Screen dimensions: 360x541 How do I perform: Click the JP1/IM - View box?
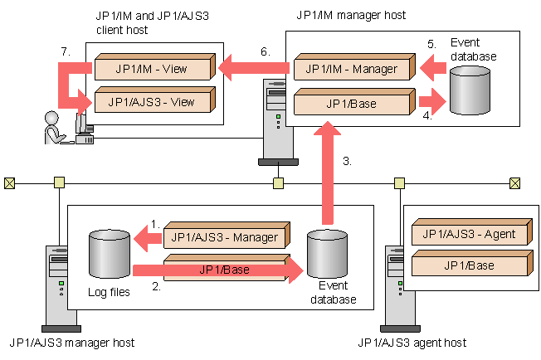154,66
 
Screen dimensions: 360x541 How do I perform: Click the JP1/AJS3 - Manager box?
226,236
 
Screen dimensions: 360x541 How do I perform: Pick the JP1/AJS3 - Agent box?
470,235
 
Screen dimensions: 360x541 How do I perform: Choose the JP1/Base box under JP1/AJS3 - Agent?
470,265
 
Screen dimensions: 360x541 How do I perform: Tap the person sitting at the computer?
56,127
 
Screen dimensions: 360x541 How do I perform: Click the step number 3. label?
347,162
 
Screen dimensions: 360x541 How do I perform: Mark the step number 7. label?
65,51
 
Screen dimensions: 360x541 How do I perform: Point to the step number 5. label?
431,43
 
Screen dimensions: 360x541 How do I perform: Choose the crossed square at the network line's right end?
515,182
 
